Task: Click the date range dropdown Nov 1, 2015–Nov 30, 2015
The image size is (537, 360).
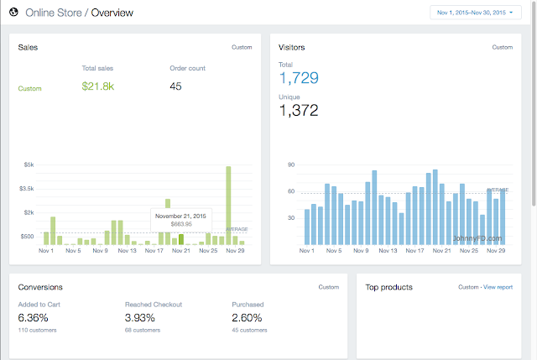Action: click(476, 13)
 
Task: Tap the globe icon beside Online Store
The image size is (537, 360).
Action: click(13, 13)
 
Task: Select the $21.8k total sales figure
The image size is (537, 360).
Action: click(97, 86)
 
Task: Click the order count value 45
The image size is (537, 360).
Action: click(175, 86)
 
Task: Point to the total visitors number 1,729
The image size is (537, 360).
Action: click(299, 78)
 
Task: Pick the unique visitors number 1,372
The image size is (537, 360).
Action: click(299, 110)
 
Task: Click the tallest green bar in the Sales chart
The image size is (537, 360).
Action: click(228, 206)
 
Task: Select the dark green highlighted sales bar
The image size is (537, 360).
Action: click(181, 239)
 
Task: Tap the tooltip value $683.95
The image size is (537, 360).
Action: click(181, 224)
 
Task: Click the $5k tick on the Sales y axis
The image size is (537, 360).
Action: click(29, 164)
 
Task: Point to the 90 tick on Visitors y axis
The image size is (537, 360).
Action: click(291, 164)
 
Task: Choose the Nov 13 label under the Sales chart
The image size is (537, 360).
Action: click(127, 251)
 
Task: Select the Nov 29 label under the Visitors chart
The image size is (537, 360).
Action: click(496, 251)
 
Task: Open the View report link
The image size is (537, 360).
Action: click(498, 287)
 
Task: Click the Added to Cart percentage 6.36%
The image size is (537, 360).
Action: click(33, 318)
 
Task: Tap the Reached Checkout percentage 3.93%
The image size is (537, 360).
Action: click(140, 318)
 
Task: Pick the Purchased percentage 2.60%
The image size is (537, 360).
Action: click(247, 318)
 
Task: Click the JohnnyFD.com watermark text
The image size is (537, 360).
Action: click(477, 238)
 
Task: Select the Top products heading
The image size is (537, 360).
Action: click(388, 287)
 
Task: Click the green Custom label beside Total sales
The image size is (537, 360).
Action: click(30, 88)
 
